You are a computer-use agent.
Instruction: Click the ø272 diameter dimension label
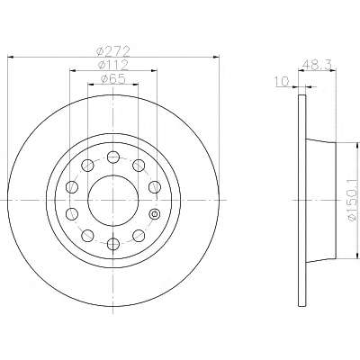(113, 51)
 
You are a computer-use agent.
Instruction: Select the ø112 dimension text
(113, 65)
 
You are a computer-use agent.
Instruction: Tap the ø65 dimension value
(112, 79)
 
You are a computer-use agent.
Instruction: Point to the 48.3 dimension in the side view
(317, 64)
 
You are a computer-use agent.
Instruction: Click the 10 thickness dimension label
(282, 81)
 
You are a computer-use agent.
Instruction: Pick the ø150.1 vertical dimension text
(354, 200)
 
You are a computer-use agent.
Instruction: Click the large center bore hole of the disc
(113, 200)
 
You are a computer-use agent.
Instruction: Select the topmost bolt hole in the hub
(113, 157)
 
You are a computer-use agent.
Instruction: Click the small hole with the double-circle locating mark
(155, 214)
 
